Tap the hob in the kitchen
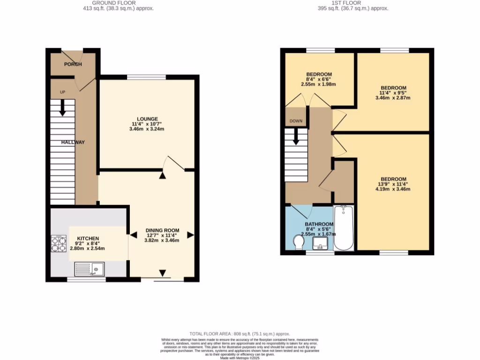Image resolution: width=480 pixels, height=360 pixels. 59,243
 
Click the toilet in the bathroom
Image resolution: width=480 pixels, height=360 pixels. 298,242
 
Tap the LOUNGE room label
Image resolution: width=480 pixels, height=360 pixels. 147,119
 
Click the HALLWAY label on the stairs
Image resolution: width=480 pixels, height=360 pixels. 72,142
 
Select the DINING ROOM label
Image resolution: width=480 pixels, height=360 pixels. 162,230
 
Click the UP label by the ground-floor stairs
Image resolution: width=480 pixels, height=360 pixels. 62,92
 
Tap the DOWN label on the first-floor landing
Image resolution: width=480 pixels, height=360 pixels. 296,121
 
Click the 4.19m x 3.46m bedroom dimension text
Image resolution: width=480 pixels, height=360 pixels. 393,189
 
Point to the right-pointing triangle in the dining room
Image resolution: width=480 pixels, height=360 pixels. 190,235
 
